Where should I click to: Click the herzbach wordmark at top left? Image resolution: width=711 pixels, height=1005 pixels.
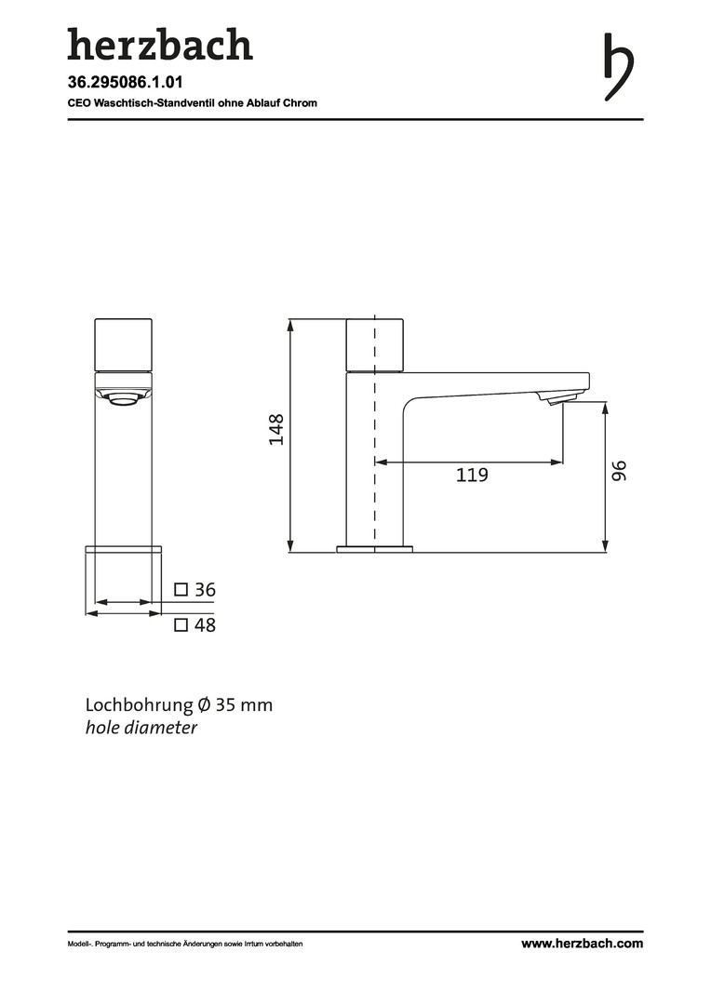160,45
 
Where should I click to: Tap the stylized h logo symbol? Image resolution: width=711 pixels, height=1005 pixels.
619,67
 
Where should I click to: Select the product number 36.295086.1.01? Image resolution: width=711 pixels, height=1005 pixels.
125,82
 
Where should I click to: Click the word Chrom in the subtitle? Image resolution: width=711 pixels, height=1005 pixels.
300,102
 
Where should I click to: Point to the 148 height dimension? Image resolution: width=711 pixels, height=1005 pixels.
276,430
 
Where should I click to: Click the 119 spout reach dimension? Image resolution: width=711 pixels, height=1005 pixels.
472,475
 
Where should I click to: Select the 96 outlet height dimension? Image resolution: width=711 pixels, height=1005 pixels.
619,471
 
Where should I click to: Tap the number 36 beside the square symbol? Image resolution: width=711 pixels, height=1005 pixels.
205,590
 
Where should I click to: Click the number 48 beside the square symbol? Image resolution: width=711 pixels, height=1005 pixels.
205,625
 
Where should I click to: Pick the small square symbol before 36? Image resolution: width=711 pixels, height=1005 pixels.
181,589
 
